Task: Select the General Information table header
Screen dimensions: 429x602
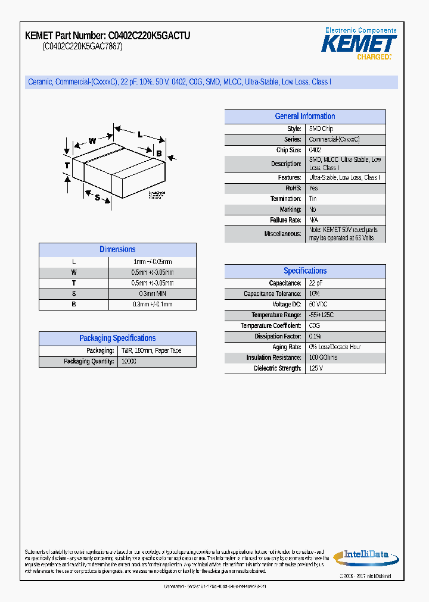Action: [304, 117]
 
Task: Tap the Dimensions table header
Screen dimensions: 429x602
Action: [117, 250]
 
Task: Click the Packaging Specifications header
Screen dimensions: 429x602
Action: [117, 338]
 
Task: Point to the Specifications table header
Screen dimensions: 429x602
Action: [304, 271]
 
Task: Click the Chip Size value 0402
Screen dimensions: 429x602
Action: [315, 150]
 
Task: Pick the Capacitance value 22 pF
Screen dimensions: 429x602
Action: [316, 284]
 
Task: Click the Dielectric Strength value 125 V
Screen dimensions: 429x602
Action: [316, 369]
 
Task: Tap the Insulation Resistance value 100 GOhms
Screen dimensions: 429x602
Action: [323, 358]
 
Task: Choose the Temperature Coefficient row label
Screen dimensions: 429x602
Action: [271, 326]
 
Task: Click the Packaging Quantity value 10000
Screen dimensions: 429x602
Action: [129, 362]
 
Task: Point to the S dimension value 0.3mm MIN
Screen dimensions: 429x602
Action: [152, 294]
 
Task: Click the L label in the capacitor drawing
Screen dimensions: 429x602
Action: [139, 134]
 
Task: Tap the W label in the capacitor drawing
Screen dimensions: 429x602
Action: [92, 141]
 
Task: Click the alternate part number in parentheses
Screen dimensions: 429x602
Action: [82, 46]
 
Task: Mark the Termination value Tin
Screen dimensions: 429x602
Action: [313, 199]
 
